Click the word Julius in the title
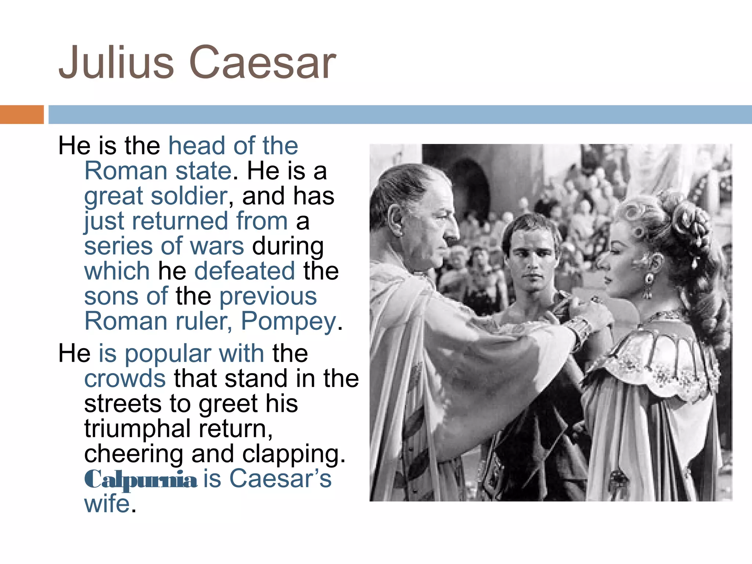pyautogui.click(x=116, y=62)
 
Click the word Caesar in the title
pyautogui.click(x=262, y=62)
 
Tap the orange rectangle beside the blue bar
pyautogui.click(x=22, y=114)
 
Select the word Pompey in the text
pyautogui.click(x=289, y=322)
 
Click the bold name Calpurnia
pyautogui.click(x=141, y=480)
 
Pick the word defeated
pyautogui.click(x=245, y=271)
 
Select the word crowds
pyautogui.click(x=125, y=379)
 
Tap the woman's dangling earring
pyautogui.click(x=648, y=285)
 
